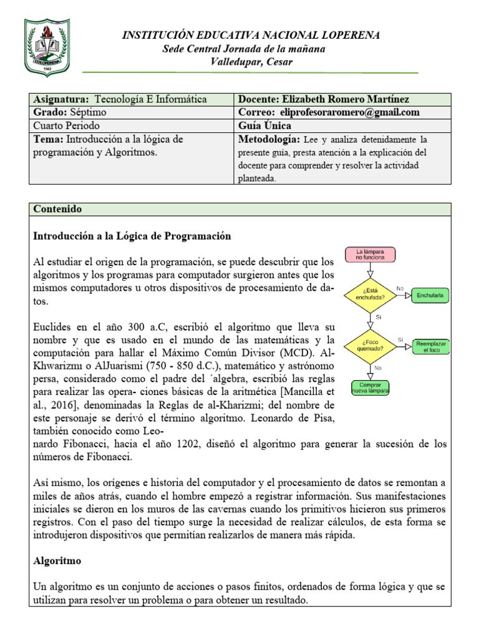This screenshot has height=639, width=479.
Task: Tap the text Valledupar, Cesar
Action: pos(251,61)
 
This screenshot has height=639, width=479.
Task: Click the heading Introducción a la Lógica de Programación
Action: pos(132,237)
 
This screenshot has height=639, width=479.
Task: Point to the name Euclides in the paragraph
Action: pos(51,327)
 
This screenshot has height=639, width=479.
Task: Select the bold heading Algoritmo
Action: pos(57,562)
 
